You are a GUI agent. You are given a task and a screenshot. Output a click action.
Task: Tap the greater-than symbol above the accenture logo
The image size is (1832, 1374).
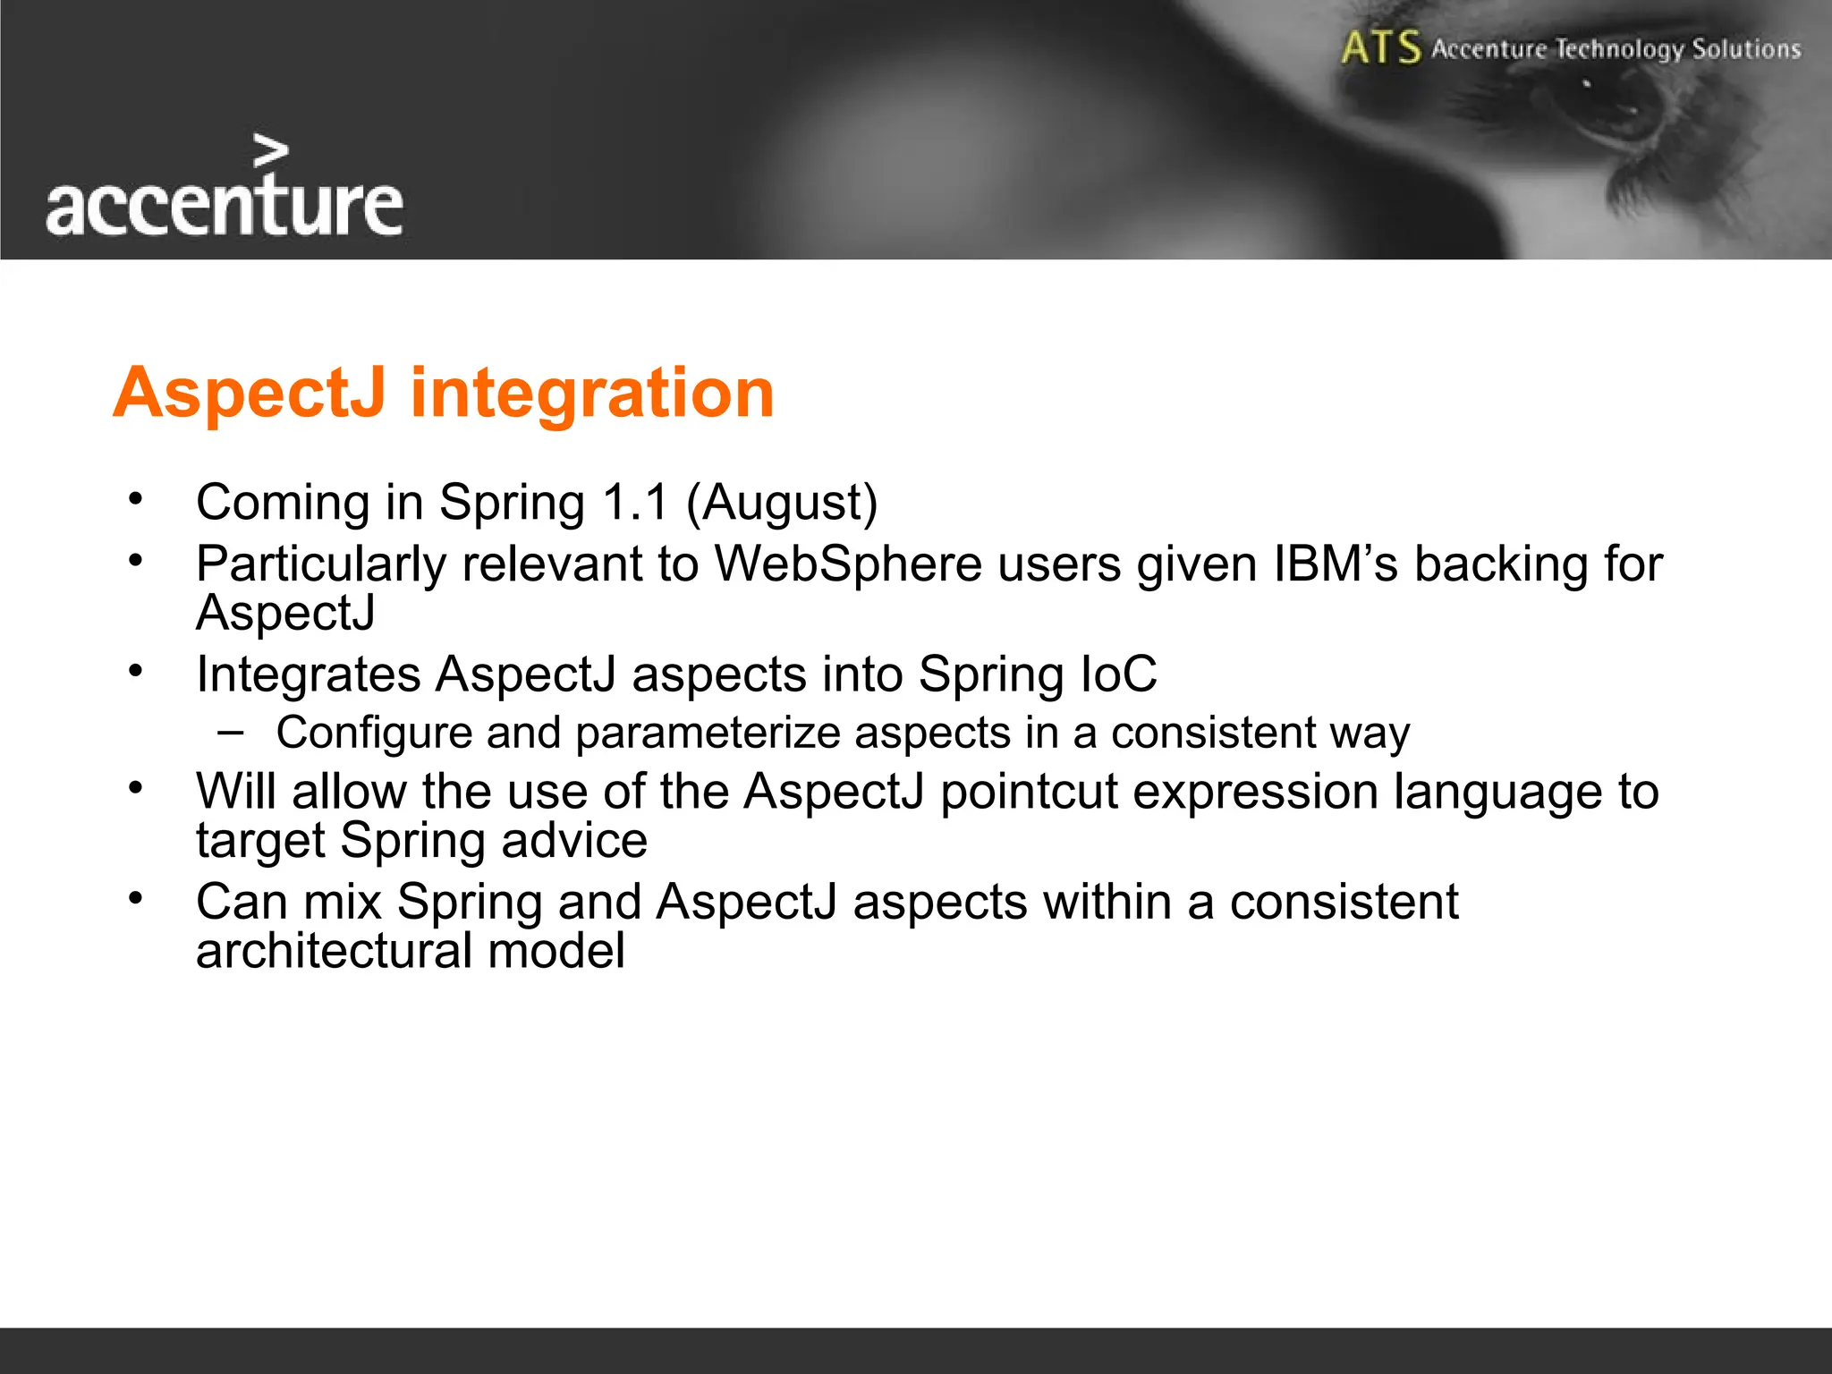click(x=271, y=151)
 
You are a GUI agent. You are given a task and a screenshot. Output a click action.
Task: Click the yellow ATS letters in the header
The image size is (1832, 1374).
click(x=1380, y=47)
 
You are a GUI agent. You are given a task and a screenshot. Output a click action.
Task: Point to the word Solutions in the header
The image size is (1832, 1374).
click(x=1745, y=48)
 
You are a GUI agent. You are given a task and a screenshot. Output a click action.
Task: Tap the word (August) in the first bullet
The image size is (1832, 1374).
click(x=782, y=503)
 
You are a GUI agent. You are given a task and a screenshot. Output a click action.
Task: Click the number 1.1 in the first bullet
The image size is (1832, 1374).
click(x=635, y=502)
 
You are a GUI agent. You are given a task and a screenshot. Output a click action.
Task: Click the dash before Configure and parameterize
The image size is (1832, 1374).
click(x=230, y=732)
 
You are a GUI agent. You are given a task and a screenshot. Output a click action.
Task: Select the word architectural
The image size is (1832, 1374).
click(x=334, y=950)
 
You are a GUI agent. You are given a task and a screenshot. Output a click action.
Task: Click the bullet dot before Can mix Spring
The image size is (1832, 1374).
click(x=135, y=898)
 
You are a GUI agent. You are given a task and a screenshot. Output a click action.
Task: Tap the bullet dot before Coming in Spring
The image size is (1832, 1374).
click(x=135, y=499)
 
